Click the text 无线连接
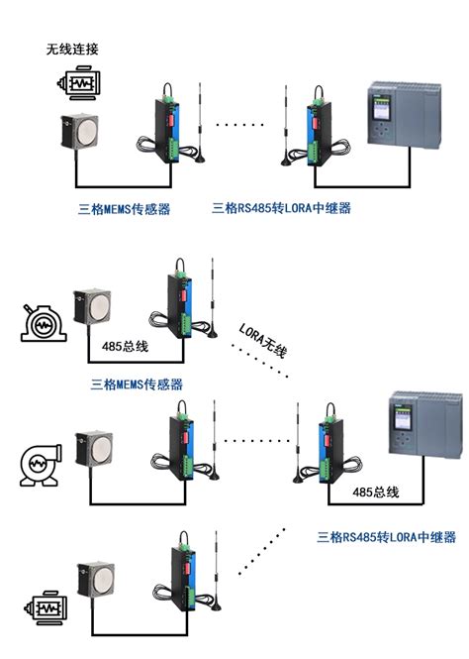click(73, 49)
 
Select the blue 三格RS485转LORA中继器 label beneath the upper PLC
click(282, 209)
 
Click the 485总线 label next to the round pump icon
click(125, 347)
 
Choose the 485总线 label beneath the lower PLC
click(375, 493)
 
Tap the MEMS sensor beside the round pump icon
click(95, 307)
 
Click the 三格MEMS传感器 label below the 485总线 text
click(137, 384)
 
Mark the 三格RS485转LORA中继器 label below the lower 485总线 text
click(386, 537)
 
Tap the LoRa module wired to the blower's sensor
click(183, 444)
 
